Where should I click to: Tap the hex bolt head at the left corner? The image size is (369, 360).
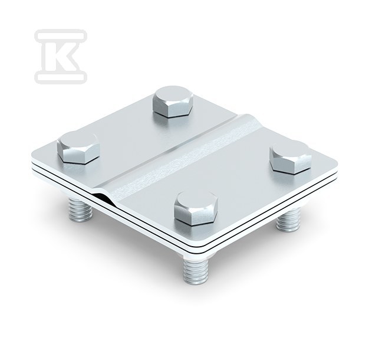point(78,148)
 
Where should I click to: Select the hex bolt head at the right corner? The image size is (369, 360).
point(291,157)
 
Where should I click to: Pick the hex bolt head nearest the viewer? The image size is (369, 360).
point(196,208)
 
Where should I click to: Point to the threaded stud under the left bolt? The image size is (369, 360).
point(80,210)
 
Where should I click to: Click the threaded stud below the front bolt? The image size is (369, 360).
point(196,271)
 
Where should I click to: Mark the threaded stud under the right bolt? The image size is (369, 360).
point(288,220)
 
